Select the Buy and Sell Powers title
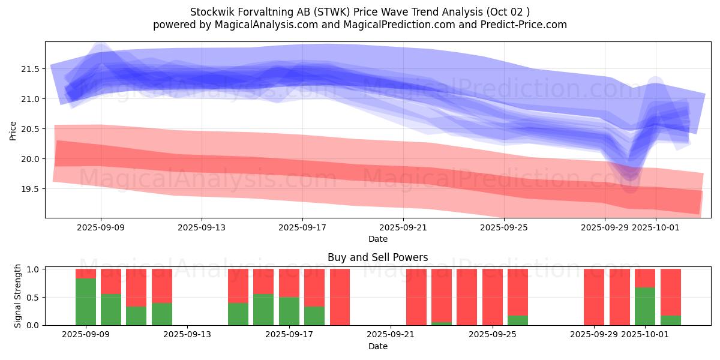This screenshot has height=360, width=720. coord(377,257)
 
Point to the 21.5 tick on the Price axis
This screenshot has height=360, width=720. coord(30,69)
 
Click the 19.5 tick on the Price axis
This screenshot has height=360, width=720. coord(30,189)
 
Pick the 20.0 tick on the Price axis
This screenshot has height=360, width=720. coord(30,159)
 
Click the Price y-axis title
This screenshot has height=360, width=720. coord(13,130)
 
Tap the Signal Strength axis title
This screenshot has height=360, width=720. coord(18,296)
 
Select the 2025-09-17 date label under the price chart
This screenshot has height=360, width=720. coord(302,227)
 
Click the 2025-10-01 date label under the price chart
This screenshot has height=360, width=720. coord(655,227)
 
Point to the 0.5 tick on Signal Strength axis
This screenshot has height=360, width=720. coord(33,297)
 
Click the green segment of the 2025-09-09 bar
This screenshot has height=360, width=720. coord(86,301)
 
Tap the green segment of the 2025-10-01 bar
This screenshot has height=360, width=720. coord(645,306)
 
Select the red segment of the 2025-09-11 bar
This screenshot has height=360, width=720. coord(136,287)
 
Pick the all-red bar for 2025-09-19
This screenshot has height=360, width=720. coord(340,297)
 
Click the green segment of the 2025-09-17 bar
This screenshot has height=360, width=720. coord(289,311)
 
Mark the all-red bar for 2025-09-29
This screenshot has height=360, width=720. coord(594,297)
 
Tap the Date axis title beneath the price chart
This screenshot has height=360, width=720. coord(377,239)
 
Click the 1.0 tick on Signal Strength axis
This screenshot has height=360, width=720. coord(33,269)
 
